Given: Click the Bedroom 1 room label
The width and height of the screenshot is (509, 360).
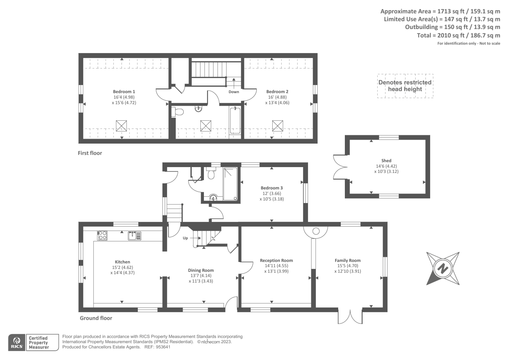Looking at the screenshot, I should pyautogui.click(x=124, y=92).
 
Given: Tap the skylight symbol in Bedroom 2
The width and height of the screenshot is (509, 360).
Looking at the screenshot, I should pyautogui.click(x=277, y=126).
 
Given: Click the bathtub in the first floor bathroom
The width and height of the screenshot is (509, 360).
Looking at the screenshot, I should pyautogui.click(x=235, y=121).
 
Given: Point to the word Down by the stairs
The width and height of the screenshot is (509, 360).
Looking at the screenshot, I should pyautogui.click(x=234, y=92).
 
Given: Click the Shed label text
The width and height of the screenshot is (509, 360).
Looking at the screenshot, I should pyautogui.click(x=386, y=161).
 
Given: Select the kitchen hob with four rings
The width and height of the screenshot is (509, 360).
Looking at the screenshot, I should pyautogui.click(x=102, y=236).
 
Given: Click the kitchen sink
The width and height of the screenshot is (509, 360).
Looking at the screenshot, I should pyautogui.click(x=134, y=236).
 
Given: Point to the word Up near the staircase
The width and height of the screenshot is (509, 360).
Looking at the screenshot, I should pyautogui.click(x=185, y=238).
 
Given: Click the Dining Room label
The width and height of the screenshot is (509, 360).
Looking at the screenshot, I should pyautogui.click(x=201, y=270).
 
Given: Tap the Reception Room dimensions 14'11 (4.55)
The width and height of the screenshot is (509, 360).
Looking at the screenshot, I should pyautogui.click(x=276, y=266).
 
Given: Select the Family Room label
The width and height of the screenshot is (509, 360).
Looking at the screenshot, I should pyautogui.click(x=347, y=260).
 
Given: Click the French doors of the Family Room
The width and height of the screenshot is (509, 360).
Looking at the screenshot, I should pyautogui.click(x=350, y=317).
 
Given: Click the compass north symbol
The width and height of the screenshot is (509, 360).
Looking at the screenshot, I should pyautogui.click(x=443, y=269).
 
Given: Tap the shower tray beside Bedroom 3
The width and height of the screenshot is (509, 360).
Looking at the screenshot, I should pyautogui.click(x=230, y=184).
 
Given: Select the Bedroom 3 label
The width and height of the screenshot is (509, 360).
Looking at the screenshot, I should pyautogui.click(x=272, y=188).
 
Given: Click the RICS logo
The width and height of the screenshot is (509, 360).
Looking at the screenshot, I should pyautogui.click(x=17, y=342).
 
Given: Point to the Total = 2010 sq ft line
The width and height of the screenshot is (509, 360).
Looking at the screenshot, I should pyautogui.click(x=458, y=35).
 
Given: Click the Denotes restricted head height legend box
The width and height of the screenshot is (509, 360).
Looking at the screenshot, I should pyautogui.click(x=405, y=86).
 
